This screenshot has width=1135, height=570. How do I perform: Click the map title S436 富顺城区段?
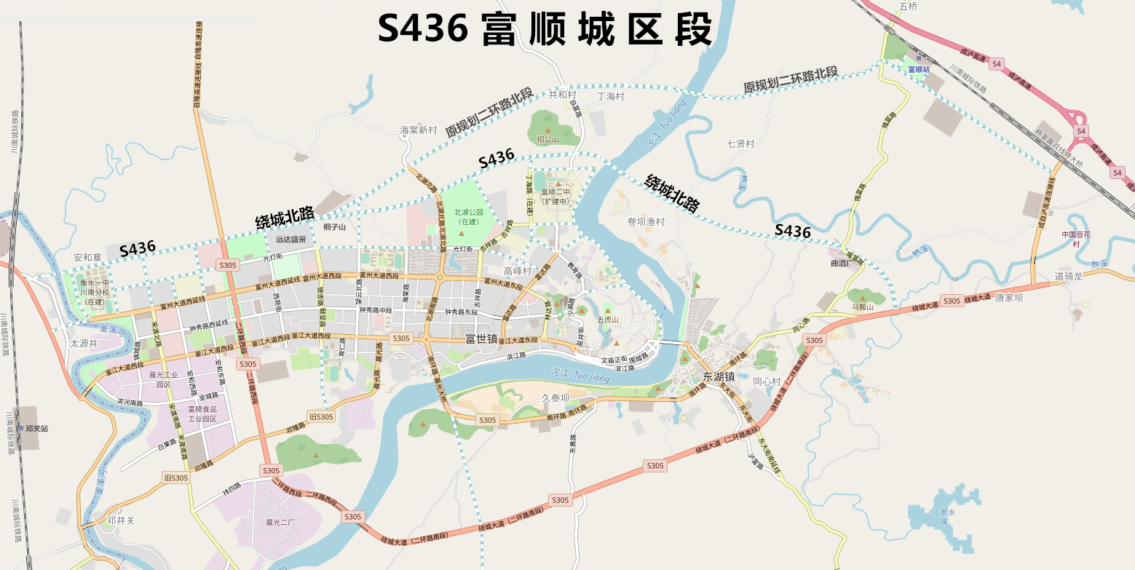pyautogui.click(x=544, y=30)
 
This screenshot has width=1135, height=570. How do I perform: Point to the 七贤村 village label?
pyautogui.click(x=740, y=143)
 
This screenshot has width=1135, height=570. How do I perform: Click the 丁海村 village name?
pyautogui.click(x=611, y=96)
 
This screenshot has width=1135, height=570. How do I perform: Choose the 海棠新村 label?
pyautogui.click(x=418, y=130)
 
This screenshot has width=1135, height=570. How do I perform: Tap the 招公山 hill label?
pyautogui.click(x=547, y=138)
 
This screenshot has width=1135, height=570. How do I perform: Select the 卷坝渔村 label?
pyautogui.click(x=646, y=221)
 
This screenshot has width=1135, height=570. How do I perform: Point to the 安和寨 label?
pyautogui.click(x=88, y=258)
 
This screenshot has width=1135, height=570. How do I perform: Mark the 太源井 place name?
pyautogui.click(x=83, y=343)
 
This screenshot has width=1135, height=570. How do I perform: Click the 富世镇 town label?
pyautogui.click(x=481, y=339)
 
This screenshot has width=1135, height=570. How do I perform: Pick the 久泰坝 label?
pyautogui.click(x=555, y=398)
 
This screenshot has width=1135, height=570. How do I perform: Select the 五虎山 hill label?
pyautogui.click(x=607, y=320)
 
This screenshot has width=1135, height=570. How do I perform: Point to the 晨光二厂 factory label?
pyautogui.click(x=280, y=522)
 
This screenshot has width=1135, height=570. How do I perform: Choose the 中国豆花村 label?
pyautogui.click(x=1075, y=239)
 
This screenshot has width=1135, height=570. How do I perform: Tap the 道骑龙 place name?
pyautogui.click(x=1069, y=277)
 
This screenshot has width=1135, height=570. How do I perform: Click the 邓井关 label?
pyautogui.click(x=121, y=520)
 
